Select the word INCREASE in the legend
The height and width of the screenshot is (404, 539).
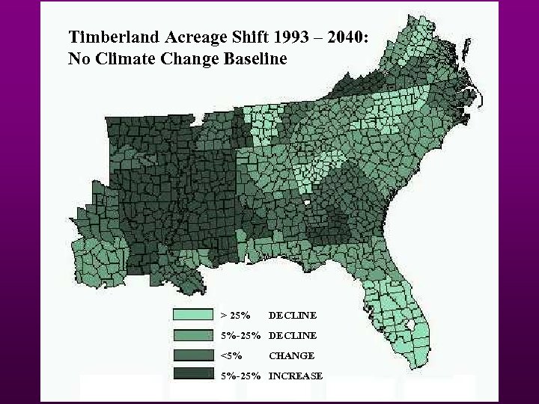pos(296,376)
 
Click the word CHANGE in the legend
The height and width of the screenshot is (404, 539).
pos(291,355)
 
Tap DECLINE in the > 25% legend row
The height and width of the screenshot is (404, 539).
pos(292,315)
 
